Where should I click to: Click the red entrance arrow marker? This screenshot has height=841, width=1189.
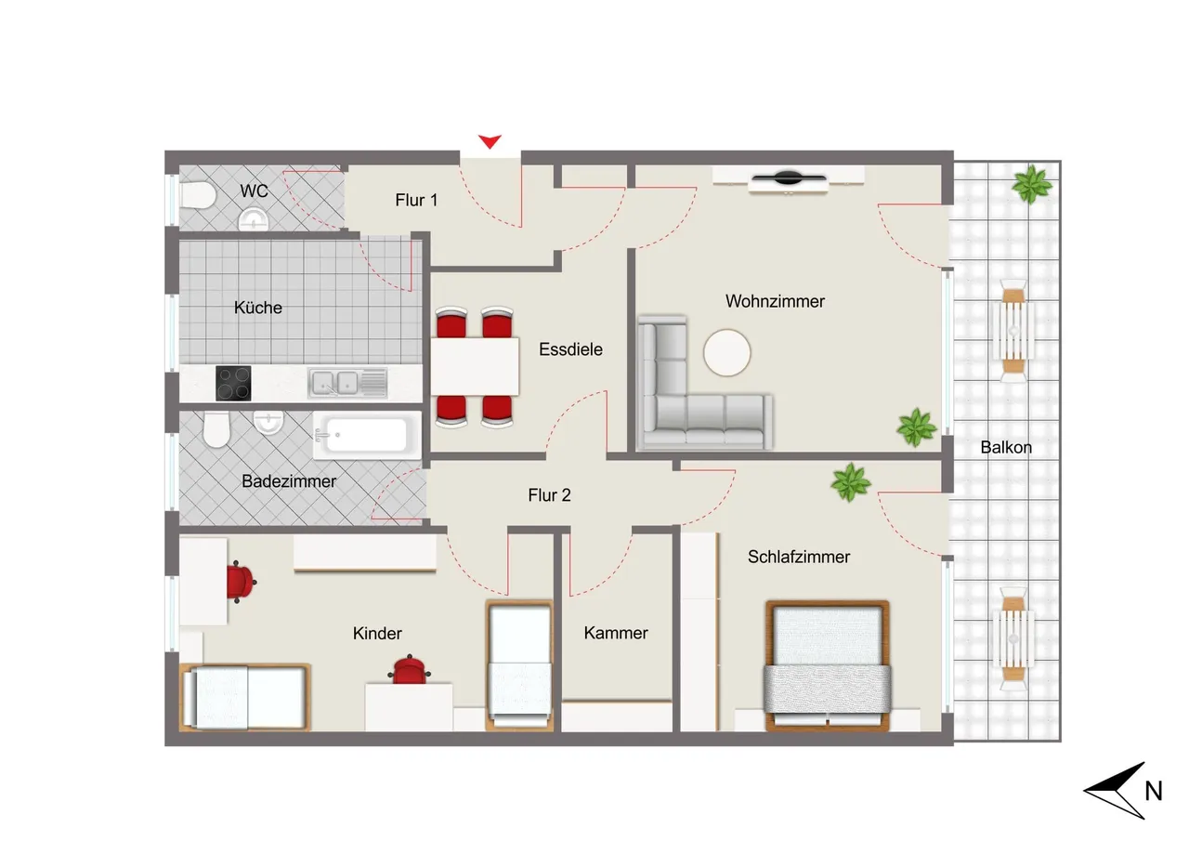click(x=490, y=141)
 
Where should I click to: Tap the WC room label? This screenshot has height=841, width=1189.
click(x=254, y=191)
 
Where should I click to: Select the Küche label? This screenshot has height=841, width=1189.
click(x=258, y=308)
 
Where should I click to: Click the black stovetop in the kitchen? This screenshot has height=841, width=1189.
click(x=233, y=383)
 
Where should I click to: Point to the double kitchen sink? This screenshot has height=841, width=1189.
click(x=347, y=383)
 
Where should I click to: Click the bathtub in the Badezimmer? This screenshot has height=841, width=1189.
click(x=367, y=435)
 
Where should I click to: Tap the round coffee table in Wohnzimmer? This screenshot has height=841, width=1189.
click(x=726, y=352)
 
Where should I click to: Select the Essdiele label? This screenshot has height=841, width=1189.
click(x=570, y=349)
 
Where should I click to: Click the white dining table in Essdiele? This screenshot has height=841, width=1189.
click(x=474, y=366)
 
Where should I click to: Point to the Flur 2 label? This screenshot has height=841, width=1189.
click(x=549, y=495)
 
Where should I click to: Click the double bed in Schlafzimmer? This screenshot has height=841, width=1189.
click(x=827, y=665)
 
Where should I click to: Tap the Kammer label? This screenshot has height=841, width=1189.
click(x=616, y=633)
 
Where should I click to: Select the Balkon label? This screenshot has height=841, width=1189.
click(x=1006, y=448)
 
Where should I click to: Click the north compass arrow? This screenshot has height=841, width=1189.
click(x=1114, y=790)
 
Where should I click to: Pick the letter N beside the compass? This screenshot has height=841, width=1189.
click(x=1154, y=791)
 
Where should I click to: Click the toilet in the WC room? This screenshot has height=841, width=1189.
click(x=198, y=195)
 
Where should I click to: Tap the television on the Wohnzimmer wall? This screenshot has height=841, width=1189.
click(x=789, y=179)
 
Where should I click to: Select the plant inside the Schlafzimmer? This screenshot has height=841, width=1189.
click(x=850, y=482)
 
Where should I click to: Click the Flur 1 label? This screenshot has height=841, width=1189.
click(x=416, y=200)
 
